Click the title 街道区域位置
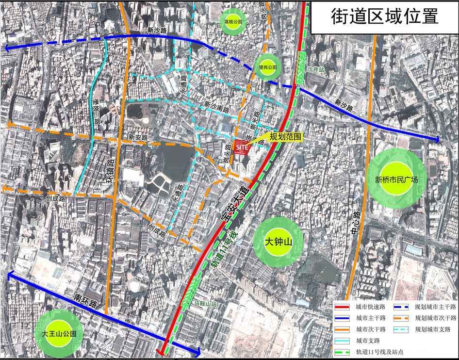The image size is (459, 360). coord(384,16)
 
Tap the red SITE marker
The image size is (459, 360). coord(242,147)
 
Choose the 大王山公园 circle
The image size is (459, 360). coord(59,334)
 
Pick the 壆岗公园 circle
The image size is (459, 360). coord(267,67)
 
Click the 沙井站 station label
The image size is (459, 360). coord(315,70)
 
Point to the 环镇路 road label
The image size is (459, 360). coord(109,171)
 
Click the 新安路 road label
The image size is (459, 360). coord(138,137)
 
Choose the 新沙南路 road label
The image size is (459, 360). coord(216,107)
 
